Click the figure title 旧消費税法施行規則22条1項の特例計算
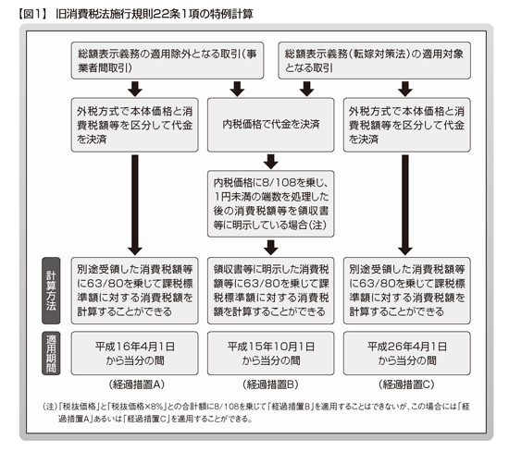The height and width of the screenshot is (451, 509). coord(155,14)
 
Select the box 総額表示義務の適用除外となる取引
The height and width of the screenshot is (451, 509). coord(168,60)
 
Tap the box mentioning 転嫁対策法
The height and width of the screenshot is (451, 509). coord(374,60)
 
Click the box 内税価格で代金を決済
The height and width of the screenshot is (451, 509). coord(271,125)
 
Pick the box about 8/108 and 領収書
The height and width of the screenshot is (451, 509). coord(271,204)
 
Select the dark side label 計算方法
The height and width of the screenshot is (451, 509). coord(51,291)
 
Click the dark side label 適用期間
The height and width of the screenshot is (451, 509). coord(51,353)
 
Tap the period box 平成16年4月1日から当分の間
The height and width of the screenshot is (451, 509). coord(135,353)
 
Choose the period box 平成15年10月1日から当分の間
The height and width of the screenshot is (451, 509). coord(271,353)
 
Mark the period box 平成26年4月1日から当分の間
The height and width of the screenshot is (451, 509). coord(407,353)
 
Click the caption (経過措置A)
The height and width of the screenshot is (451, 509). coord(137,384)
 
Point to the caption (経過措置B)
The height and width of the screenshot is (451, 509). coord(270,384)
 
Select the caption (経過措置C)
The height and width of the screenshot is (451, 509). coord(406,384)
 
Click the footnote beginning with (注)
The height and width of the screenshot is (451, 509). coord(256,412)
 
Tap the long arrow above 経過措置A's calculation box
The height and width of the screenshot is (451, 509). coord(135,205)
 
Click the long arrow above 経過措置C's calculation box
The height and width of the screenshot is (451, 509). coord(405,205)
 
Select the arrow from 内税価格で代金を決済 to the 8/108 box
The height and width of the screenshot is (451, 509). coord(271,162)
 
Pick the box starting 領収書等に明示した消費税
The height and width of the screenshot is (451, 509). coord(271,291)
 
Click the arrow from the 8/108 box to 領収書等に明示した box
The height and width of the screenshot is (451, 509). coord(271,248)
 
